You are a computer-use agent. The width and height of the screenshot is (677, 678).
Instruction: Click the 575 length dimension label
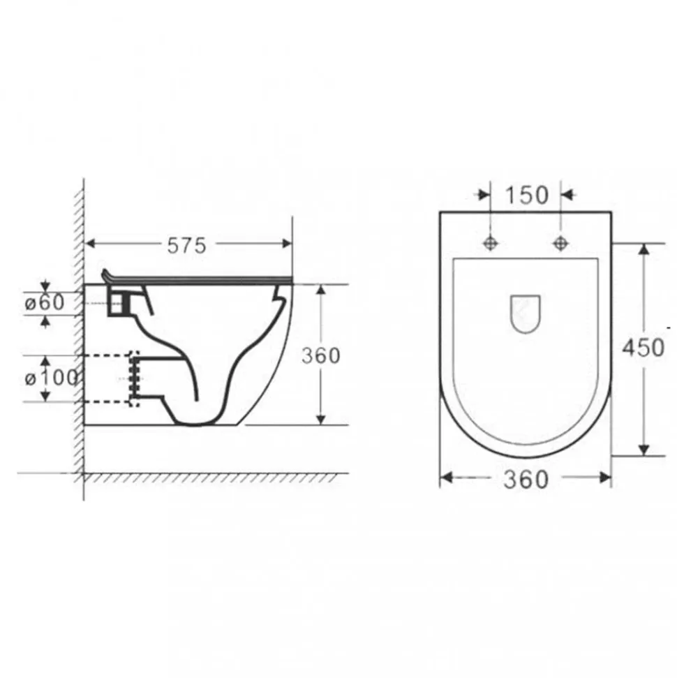pos(187,246)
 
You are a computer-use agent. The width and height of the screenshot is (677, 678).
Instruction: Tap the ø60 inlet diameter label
pos(45,302)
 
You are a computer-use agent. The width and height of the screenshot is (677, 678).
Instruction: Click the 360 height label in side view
pos(321,356)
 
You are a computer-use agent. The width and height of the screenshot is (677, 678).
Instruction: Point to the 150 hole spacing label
pos(526,195)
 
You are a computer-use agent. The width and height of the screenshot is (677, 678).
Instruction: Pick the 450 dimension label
pos(643,348)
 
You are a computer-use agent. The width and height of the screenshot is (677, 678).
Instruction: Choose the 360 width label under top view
pos(526,480)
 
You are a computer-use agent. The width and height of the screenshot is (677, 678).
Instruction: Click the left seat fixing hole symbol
pos(490,243)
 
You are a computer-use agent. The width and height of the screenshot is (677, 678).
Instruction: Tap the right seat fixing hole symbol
pos(560,243)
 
